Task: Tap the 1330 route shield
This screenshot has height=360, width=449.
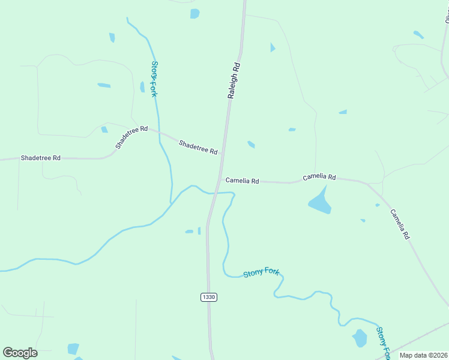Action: (208, 297)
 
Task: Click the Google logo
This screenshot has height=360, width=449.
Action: (20, 353)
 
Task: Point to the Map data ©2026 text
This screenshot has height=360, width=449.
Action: (423, 355)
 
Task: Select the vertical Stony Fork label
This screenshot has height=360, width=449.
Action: (154, 79)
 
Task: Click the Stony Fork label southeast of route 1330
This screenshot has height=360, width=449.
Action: (262, 273)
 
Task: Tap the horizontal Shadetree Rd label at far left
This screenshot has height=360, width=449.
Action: (40, 158)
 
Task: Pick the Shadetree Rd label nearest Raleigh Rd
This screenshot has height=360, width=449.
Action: (198, 147)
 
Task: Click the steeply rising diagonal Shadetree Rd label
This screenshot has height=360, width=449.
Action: (131, 137)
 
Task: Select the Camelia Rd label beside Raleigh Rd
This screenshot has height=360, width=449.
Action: (242, 181)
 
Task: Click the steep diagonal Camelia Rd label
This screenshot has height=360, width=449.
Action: (400, 224)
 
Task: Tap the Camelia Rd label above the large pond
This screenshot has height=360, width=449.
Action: (319, 177)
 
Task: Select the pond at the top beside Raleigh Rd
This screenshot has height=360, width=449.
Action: (194, 13)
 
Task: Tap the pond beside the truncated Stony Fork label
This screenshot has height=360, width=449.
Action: (360, 338)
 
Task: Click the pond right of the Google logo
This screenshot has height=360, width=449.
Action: (73, 349)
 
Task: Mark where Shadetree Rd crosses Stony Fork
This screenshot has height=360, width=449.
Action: (159, 131)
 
